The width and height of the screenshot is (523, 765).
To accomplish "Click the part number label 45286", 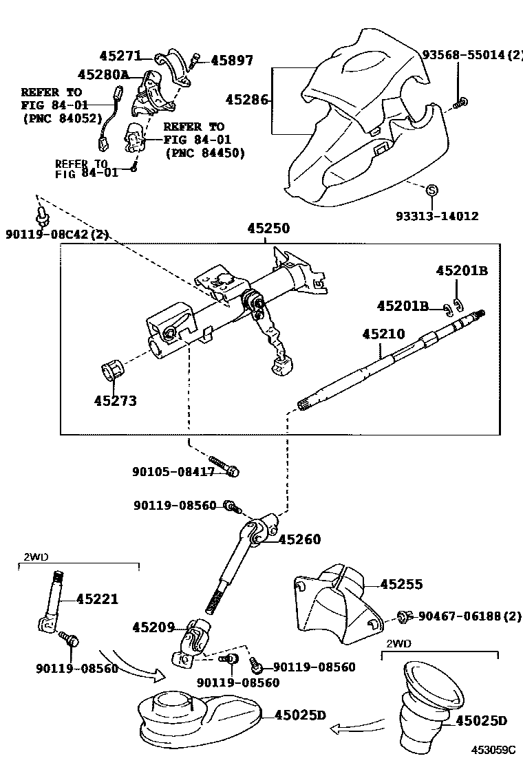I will click(246, 100).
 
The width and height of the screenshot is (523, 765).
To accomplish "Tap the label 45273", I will click(115, 401).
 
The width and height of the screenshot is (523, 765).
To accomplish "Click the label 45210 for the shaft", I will click(383, 334).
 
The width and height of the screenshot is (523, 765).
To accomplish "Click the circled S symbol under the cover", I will click(431, 191).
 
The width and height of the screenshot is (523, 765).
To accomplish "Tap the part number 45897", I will click(232, 61).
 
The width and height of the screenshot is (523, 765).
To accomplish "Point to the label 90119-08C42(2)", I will click(57, 234).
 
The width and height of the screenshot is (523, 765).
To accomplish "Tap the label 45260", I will click(299, 539).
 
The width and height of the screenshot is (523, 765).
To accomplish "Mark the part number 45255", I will click(401, 584).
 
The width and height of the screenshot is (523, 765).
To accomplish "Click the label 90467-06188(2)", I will click(467, 616).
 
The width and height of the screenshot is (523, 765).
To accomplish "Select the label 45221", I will click(97, 599).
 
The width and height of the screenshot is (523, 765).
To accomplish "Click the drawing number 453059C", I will click(493, 749).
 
